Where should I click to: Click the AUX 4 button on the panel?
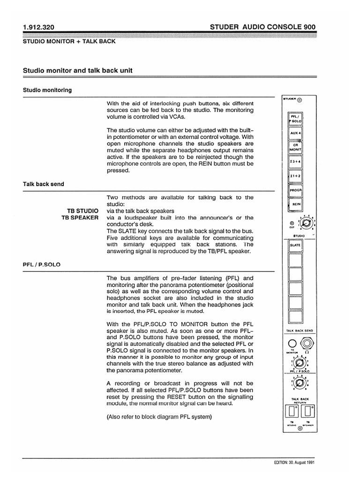(295, 133)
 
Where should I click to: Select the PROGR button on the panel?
(295, 191)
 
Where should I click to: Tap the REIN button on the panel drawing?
(295, 205)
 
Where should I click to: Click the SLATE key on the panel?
(295, 245)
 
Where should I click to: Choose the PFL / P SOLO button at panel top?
(295, 118)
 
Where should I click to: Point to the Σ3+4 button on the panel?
(295, 162)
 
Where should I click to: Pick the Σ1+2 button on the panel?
(295, 176)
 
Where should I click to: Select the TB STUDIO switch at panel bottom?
(292, 412)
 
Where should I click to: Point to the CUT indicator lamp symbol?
(292, 223)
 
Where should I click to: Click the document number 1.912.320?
(39, 27)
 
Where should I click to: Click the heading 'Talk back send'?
(44, 184)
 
